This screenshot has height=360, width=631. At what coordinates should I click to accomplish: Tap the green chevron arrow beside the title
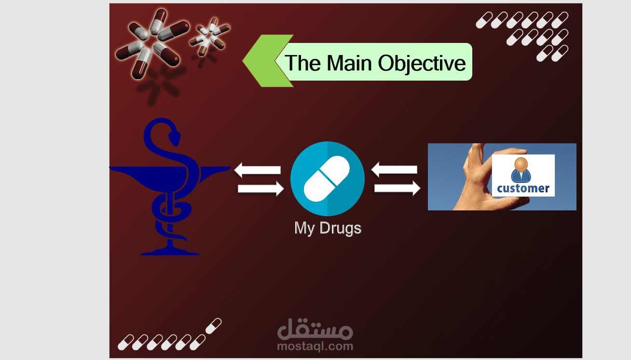click(263, 61)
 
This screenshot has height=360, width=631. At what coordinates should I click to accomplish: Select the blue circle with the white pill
click(328, 179)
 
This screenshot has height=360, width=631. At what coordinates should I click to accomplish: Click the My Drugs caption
click(328, 228)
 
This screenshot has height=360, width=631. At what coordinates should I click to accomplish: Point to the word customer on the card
click(523, 188)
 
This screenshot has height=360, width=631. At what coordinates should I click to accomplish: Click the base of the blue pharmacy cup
click(170, 251)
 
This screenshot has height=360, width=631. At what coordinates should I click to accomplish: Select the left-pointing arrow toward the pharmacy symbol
click(257, 170)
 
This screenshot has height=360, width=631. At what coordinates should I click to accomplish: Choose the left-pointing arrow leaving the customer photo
click(394, 169)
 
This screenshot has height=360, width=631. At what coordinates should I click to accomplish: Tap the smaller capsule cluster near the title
click(208, 36)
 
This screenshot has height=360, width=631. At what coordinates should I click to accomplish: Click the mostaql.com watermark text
click(315, 346)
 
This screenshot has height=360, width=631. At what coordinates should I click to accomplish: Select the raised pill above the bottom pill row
click(213, 325)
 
